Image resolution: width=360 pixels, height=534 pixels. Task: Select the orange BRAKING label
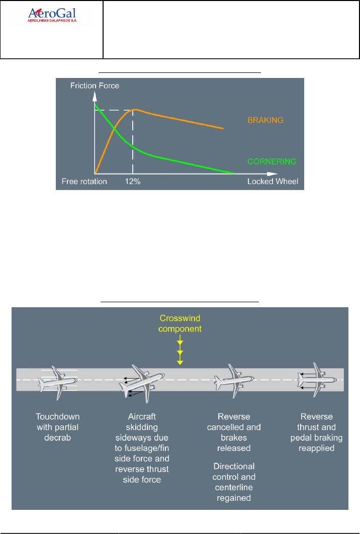click(x=265, y=120)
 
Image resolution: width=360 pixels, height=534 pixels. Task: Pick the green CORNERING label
click(x=272, y=162)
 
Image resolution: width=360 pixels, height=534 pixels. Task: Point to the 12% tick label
click(x=133, y=181)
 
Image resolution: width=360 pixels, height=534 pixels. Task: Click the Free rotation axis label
click(x=84, y=181)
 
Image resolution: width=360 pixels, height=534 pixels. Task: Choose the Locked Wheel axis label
click(x=273, y=181)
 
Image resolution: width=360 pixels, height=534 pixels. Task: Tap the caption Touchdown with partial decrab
click(x=58, y=426)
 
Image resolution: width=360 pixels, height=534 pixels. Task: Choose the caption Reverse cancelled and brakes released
click(x=234, y=432)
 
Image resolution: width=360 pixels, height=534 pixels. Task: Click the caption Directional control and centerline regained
click(x=234, y=482)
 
